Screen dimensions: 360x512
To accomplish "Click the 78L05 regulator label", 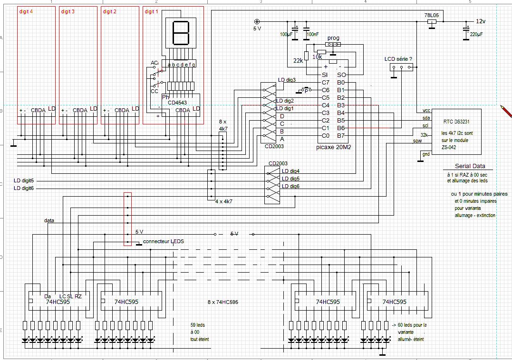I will point(431,15).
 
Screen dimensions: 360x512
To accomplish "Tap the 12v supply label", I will point(481,22).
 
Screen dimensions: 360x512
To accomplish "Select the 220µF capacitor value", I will point(476,35).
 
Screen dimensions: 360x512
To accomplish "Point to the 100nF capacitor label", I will point(313,34).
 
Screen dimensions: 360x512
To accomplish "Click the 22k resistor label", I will point(298,60).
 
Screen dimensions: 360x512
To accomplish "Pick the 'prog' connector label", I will point(333,38).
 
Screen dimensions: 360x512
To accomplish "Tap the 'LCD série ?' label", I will point(398,59).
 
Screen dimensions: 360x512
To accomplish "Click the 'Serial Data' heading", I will point(470,166).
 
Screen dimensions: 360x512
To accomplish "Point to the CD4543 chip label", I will point(177,102).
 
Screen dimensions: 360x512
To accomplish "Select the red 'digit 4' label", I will point(26,12).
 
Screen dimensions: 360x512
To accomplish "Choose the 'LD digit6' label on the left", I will point(24,189).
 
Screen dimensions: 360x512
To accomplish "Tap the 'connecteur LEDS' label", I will point(163,242).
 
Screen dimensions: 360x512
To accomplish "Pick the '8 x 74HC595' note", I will point(222,302).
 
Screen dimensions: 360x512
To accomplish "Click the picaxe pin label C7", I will point(325,83).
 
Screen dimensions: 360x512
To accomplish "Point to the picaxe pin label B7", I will point(341,136).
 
